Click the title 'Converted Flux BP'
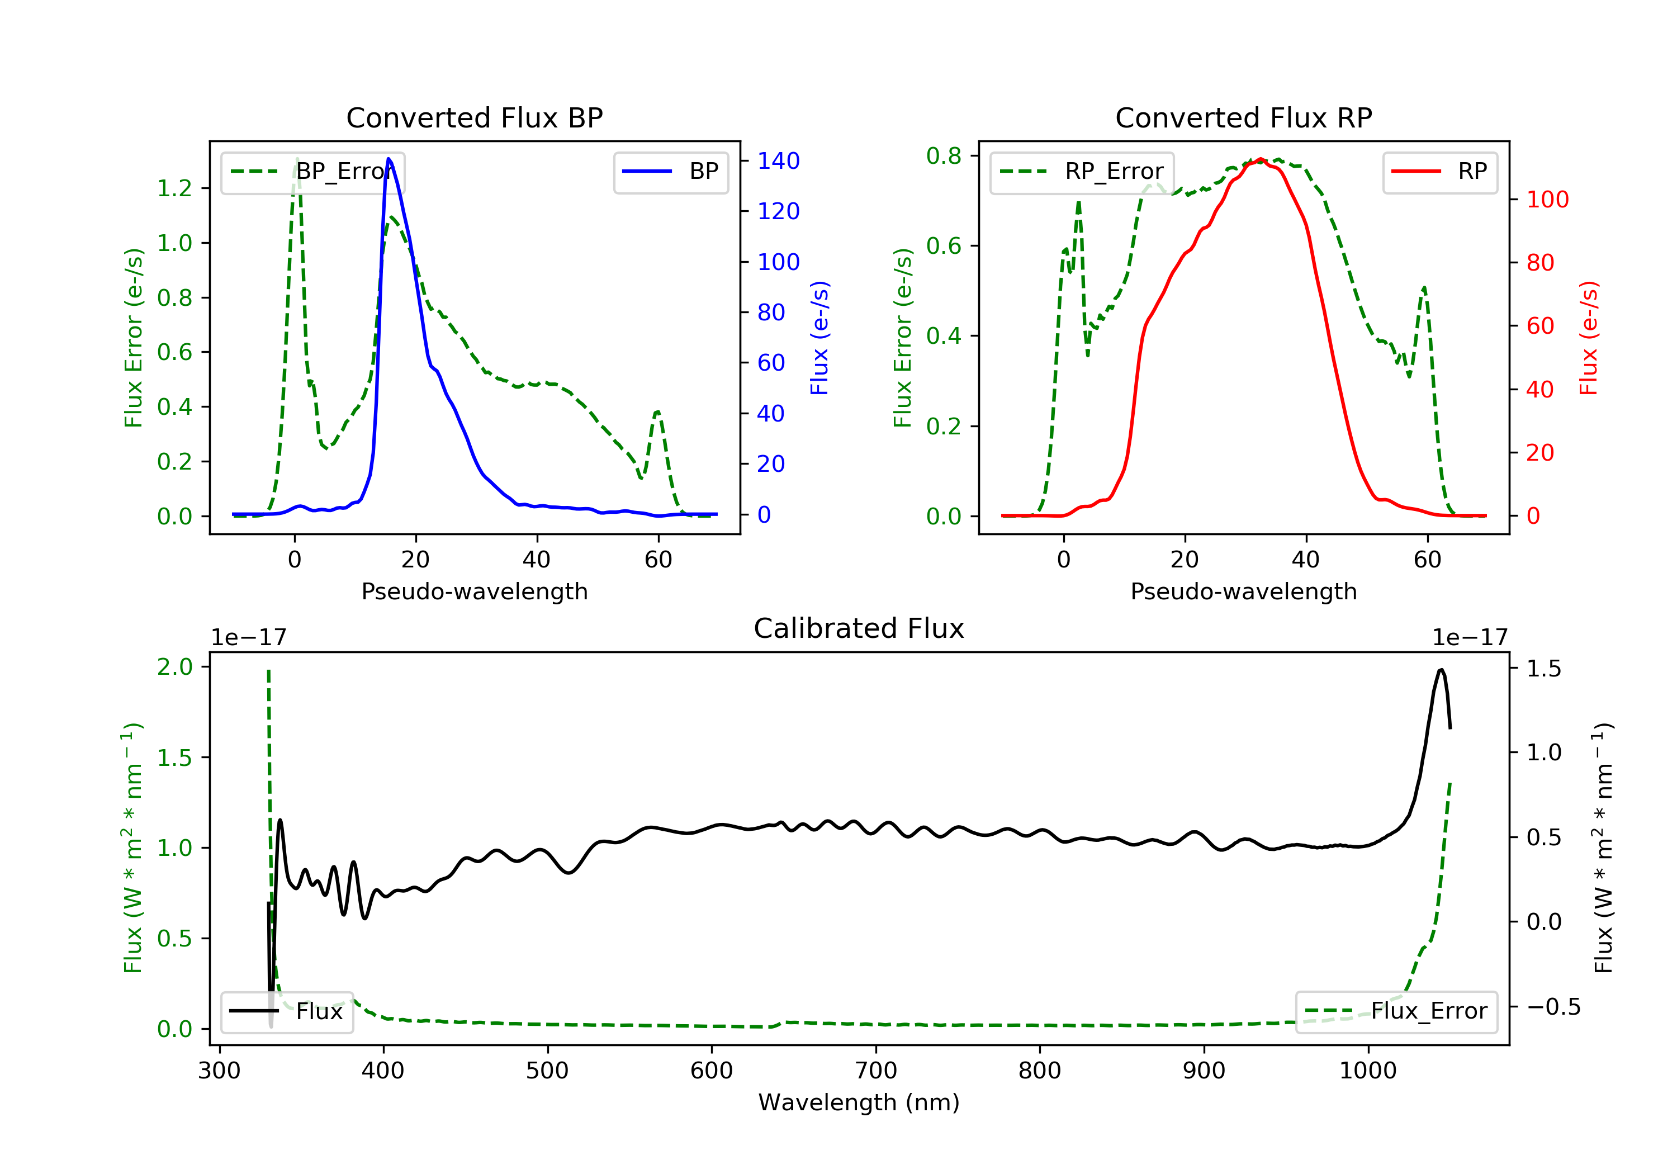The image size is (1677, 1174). [474, 117]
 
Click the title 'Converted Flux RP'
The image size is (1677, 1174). [1243, 117]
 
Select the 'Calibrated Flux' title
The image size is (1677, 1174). [859, 628]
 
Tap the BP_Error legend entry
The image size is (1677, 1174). [312, 172]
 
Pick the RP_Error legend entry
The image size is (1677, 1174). [1082, 172]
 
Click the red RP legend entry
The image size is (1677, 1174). [1439, 172]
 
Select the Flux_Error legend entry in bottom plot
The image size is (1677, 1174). [1396, 1011]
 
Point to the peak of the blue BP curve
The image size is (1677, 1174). [389, 159]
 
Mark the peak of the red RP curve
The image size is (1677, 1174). [1261, 159]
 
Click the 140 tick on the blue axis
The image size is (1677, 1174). [778, 160]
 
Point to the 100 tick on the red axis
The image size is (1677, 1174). [1547, 200]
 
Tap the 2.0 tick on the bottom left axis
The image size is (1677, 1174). [174, 666]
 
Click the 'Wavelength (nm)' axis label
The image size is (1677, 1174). [859, 1102]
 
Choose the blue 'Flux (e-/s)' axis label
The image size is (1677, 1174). [819, 338]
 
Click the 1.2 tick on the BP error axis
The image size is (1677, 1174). [174, 188]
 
